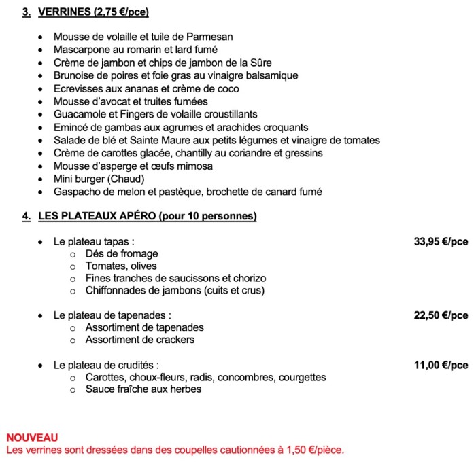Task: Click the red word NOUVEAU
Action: pos(32,438)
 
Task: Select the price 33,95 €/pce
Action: pos(441,241)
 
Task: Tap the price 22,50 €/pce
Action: pos(441,315)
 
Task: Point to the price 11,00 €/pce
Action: pos(441,365)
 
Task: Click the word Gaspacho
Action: pos(77,192)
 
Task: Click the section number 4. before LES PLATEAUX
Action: pos(26,217)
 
